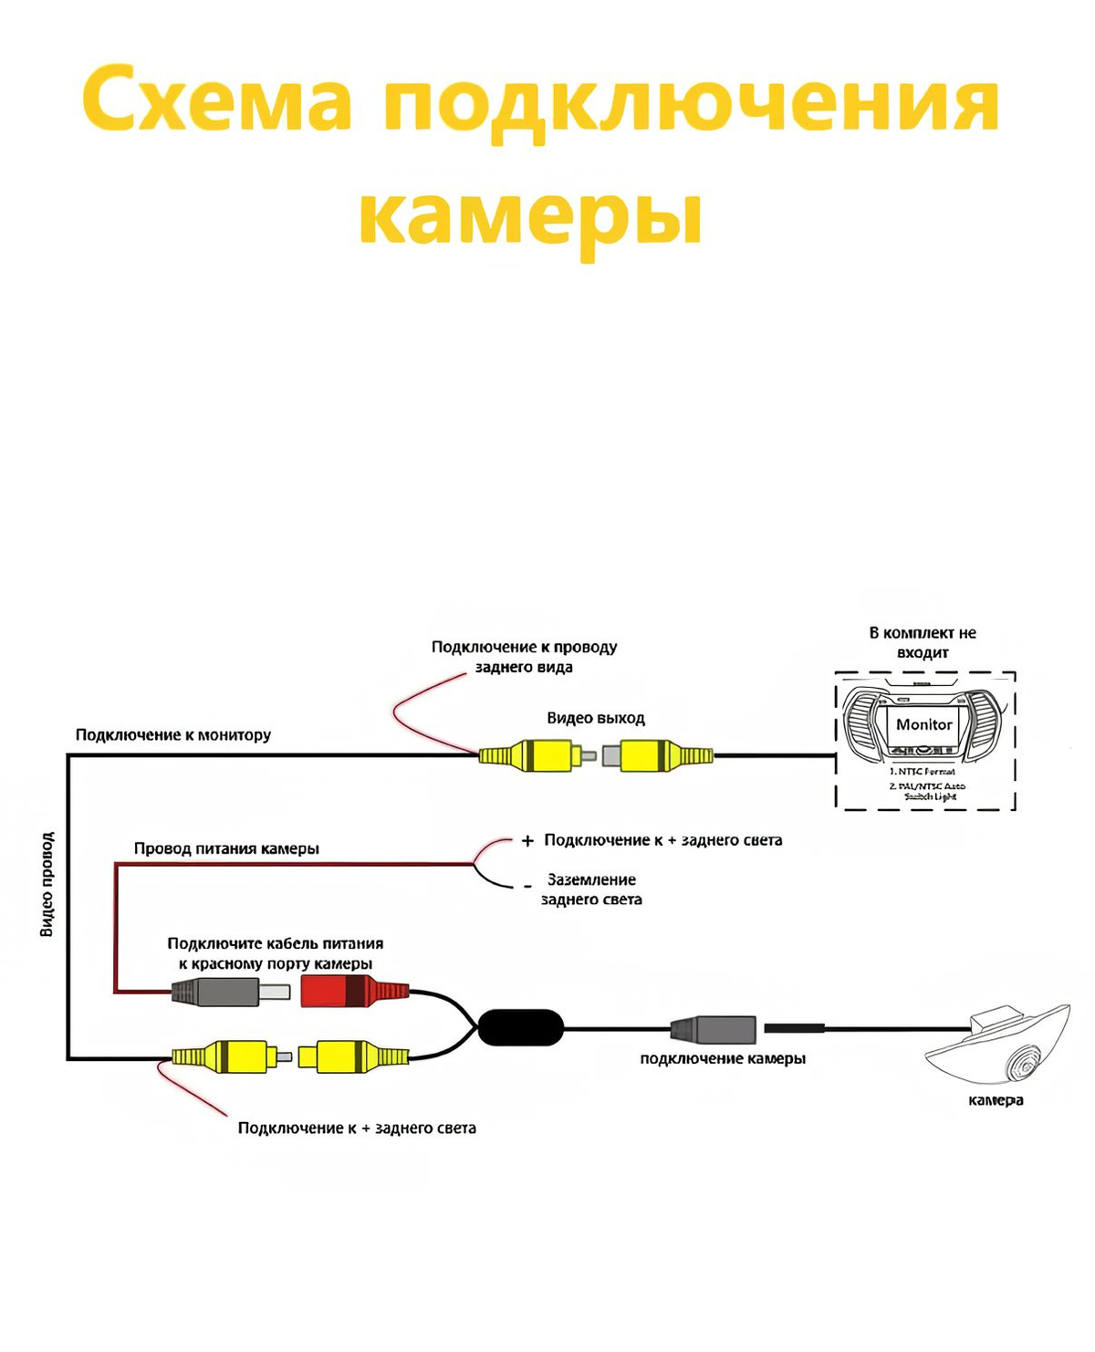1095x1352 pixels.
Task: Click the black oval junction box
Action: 520,1027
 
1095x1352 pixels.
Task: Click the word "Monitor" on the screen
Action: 923,724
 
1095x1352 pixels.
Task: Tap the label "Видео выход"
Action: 596,718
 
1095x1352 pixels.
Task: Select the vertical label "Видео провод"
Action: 47,883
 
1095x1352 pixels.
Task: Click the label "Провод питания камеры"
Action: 226,848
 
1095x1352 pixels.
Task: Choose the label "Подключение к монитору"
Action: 173,734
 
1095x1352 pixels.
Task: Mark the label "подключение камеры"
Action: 723,1058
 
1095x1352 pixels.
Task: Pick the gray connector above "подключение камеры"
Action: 714,1029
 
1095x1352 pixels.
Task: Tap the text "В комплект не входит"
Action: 923,642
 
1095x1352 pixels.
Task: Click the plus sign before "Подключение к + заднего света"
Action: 527,841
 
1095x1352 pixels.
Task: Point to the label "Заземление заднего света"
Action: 591,889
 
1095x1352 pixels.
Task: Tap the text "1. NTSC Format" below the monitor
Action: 923,772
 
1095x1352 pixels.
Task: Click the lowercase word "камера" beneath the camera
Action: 996,1100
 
